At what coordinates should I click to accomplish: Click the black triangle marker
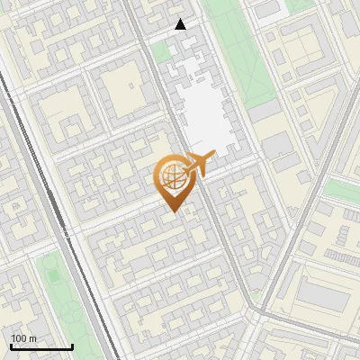[x=181, y=24]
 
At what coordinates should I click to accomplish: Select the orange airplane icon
[x=198, y=164]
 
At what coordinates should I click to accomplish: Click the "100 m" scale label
[x=23, y=338]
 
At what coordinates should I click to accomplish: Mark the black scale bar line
[x=40, y=347]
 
